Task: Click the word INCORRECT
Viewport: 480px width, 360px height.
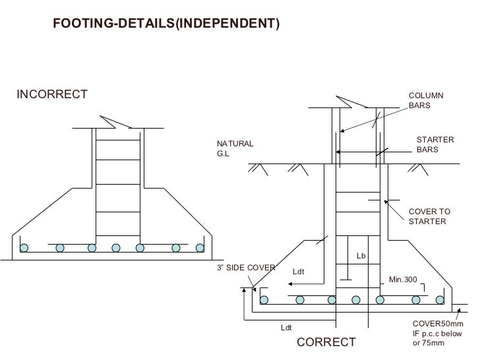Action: coord(51,94)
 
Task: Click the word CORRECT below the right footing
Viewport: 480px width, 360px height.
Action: coord(326,342)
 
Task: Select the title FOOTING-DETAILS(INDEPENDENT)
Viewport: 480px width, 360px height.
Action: coord(165,24)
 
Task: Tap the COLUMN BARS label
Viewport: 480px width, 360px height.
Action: coord(426,101)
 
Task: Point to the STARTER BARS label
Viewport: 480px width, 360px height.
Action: coord(435,145)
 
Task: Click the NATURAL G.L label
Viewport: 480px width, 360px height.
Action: coord(235,149)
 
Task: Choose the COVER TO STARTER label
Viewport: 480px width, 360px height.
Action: coord(429,216)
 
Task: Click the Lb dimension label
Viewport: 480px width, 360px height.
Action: coord(361,255)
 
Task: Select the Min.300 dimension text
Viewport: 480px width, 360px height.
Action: coord(403,280)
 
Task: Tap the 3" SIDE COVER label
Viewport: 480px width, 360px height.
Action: coord(245,268)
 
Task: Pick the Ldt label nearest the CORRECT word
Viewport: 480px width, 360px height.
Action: coord(287,327)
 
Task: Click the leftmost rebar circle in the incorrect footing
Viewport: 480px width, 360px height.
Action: coord(24,248)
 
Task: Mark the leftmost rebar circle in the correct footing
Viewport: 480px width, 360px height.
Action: coord(264,300)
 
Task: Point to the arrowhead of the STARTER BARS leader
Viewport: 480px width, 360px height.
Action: coord(337,152)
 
